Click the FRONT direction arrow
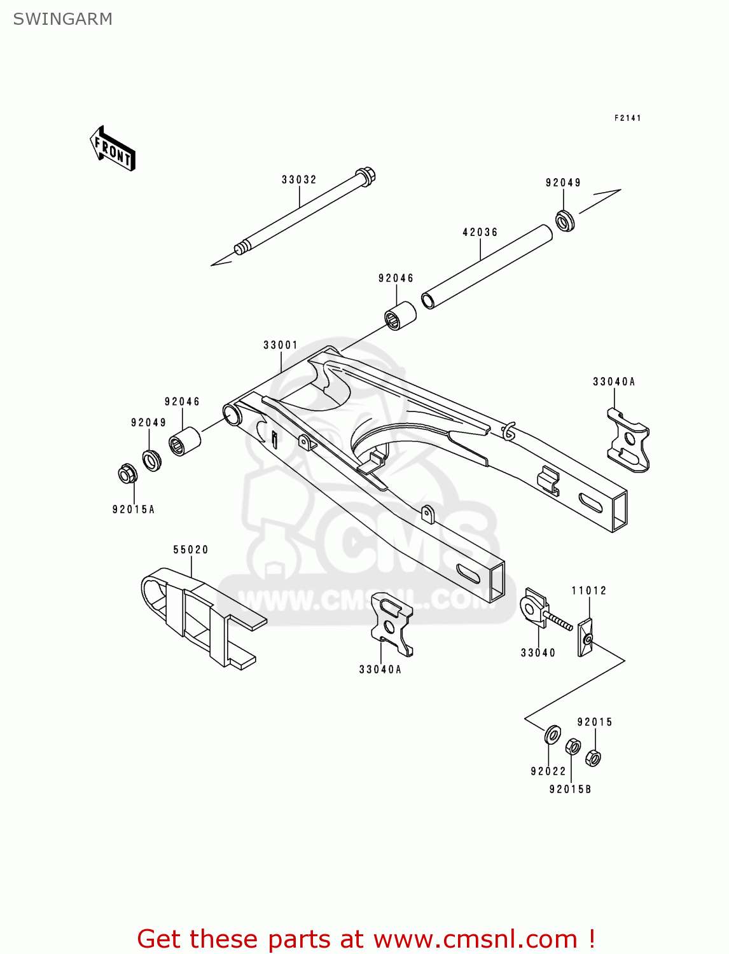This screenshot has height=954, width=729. click(113, 149)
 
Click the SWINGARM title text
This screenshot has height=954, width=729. click(62, 19)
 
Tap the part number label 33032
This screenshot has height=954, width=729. click(299, 180)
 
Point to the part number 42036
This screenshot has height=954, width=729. click(480, 233)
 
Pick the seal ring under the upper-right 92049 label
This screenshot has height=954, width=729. click(564, 220)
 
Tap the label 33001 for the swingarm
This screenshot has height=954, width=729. click(281, 345)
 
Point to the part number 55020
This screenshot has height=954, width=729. click(191, 550)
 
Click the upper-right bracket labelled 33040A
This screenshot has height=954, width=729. click(628, 440)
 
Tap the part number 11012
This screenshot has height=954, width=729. click(588, 591)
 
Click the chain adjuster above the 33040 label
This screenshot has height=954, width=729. click(534, 608)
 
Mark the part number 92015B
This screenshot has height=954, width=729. click(570, 789)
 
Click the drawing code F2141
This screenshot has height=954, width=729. click(627, 118)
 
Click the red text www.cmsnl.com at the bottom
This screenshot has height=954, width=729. click(475, 939)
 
